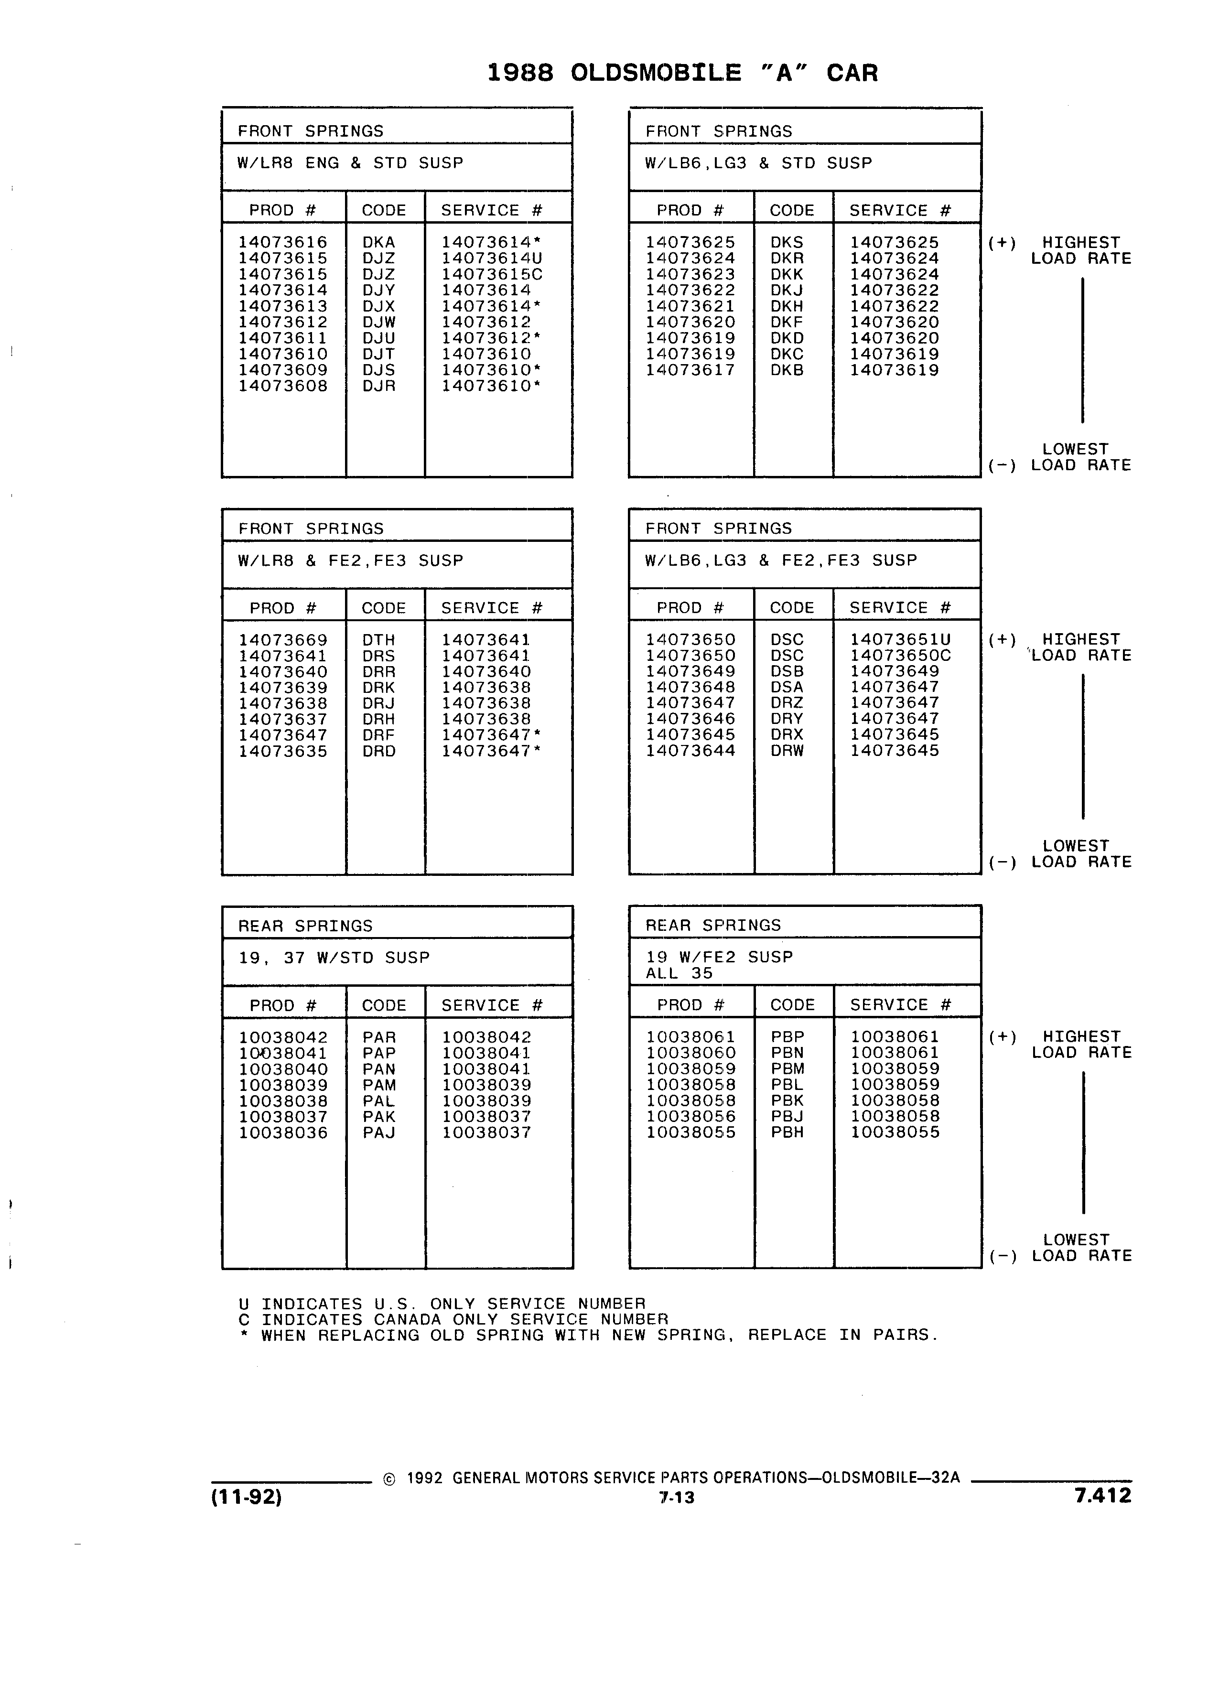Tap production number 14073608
click(282, 386)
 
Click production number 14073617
click(690, 370)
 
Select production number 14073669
click(282, 640)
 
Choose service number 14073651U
click(900, 640)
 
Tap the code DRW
click(787, 751)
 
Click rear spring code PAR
click(379, 1037)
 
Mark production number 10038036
click(282, 1132)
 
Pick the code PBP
click(787, 1037)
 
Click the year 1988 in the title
click(520, 73)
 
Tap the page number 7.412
click(1103, 1495)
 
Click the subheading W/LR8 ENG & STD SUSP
click(350, 163)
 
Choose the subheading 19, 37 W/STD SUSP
click(334, 958)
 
